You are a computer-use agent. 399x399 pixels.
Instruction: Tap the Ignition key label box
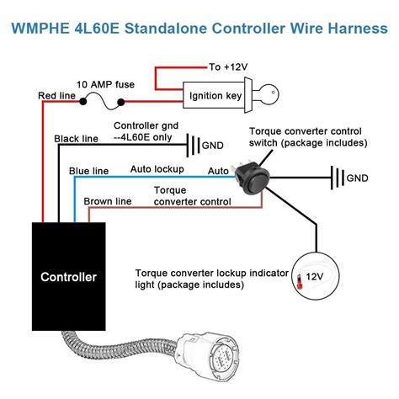point(214,96)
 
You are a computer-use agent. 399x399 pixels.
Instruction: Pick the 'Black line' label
point(77,138)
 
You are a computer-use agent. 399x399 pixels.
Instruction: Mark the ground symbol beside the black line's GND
point(191,146)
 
